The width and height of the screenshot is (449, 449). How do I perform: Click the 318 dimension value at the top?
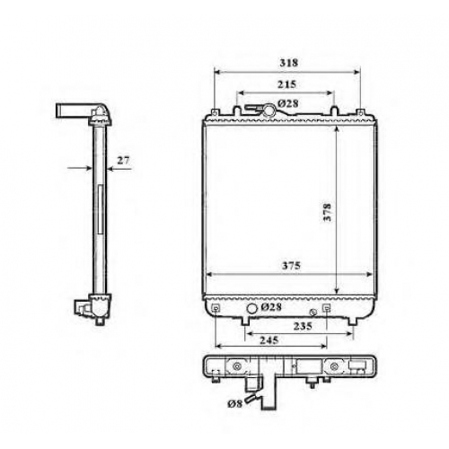coord(289,63)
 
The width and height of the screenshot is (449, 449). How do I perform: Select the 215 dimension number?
coord(286,84)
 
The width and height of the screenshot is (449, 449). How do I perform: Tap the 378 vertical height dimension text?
coord(328,213)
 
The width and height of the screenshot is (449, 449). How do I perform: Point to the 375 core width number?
coord(291,266)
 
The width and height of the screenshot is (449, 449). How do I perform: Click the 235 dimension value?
coord(303,326)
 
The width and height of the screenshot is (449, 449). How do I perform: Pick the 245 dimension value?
coord(269,340)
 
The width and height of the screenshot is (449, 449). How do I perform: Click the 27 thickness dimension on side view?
coord(123,161)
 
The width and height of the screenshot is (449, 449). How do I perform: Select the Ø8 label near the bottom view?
coord(234,404)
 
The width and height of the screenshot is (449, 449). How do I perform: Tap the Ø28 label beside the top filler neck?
coord(288,103)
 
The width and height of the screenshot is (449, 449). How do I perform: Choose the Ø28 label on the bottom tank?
coord(271,307)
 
